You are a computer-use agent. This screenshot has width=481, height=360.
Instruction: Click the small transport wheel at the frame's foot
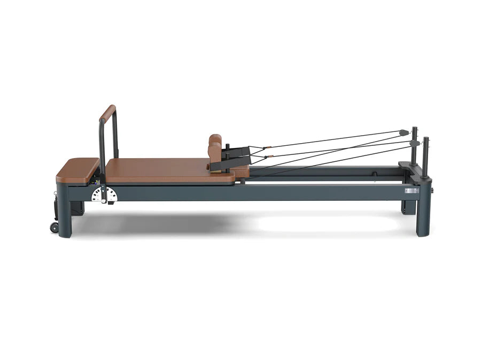[54, 226]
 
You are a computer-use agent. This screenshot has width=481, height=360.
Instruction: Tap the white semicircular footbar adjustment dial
[104, 195]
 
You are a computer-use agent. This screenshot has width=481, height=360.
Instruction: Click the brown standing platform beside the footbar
[78, 170]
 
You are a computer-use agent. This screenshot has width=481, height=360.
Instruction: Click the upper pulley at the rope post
[404, 132]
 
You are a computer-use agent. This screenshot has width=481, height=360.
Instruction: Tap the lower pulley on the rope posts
[415, 143]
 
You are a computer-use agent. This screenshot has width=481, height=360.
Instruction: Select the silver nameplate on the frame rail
[412, 190]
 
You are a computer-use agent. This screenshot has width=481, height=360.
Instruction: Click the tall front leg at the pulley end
[423, 214]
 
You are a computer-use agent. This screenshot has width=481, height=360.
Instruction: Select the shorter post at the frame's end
[425, 156]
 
